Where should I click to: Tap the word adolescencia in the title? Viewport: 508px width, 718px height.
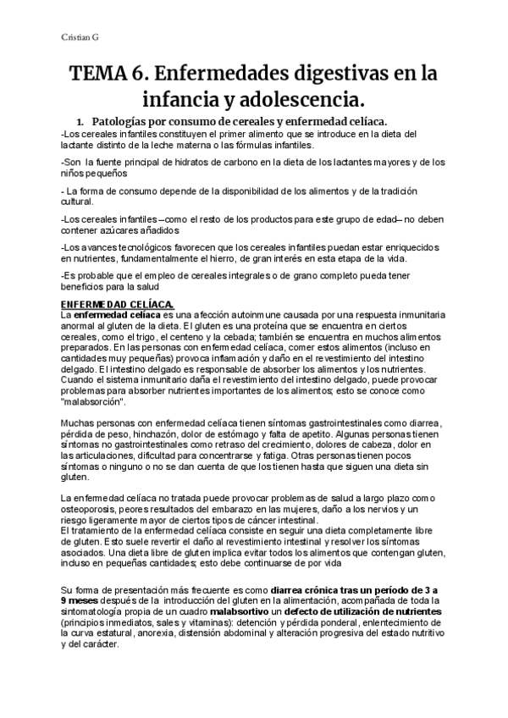tap(303, 102)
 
